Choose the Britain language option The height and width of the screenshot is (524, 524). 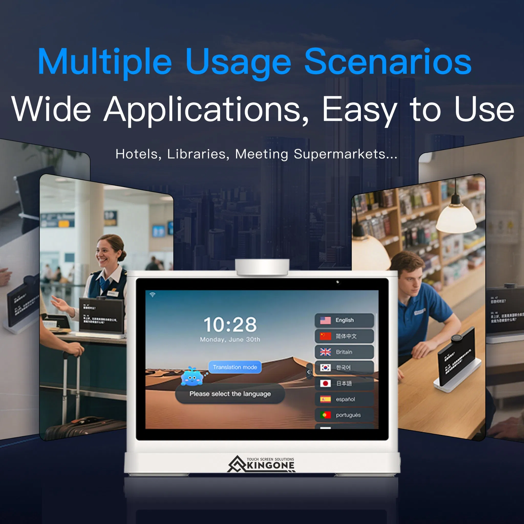point(344,352)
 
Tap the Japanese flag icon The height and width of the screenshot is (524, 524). point(325,383)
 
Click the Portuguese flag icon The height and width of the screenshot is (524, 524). point(325,415)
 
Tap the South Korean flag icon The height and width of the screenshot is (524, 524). point(325,368)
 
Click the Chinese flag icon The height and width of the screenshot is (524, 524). point(325,336)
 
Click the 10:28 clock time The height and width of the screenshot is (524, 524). point(230,324)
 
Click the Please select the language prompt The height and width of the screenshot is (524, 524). point(230,394)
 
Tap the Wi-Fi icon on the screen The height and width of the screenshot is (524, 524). point(152,295)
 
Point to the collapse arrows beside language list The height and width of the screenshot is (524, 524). point(309,372)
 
